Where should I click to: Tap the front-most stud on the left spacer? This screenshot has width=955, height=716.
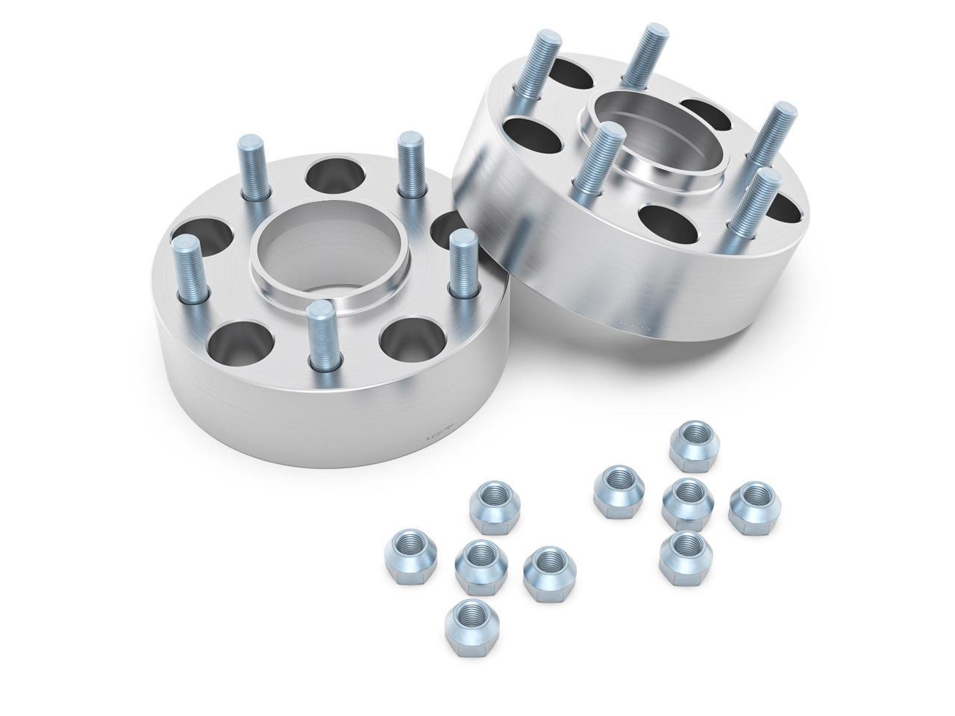[x=319, y=342]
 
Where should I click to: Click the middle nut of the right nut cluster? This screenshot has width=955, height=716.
[x=686, y=504]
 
